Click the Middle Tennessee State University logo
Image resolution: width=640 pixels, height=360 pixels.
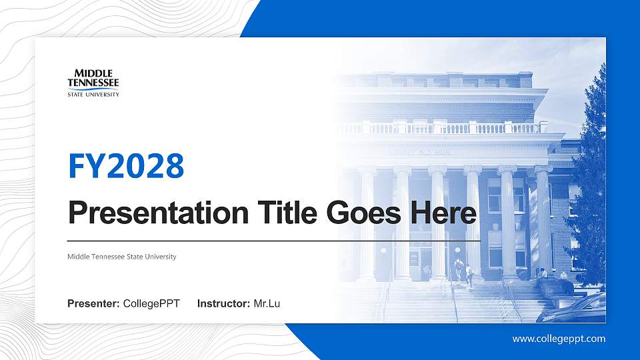(93, 82)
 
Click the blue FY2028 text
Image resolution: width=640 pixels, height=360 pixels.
(126, 166)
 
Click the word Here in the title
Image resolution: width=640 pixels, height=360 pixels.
(443, 213)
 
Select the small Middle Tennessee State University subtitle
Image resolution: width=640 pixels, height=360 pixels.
(122, 257)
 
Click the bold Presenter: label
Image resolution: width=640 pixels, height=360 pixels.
(93, 304)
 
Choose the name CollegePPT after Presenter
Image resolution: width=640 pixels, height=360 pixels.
(151, 304)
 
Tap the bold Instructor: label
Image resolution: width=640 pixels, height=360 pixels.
(224, 304)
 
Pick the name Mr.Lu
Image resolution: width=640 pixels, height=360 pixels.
(267, 304)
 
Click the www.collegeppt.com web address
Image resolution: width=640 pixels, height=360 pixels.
(559, 339)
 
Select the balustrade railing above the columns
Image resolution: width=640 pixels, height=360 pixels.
(453, 128)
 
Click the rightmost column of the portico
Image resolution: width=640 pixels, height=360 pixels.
(543, 220)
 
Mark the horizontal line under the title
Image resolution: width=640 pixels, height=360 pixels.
(273, 240)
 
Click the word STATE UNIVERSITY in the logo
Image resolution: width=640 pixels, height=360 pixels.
(93, 95)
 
